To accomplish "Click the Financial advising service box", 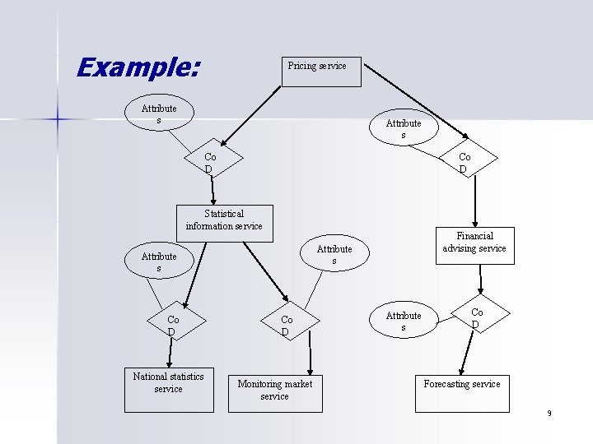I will (474, 245).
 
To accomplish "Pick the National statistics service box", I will (168, 388).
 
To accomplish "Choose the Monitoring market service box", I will (275, 392).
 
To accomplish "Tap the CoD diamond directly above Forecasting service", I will (476, 317).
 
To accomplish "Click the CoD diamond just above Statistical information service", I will (209, 163).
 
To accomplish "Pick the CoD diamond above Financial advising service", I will (465, 163).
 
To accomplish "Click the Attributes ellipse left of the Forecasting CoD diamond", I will (404, 321).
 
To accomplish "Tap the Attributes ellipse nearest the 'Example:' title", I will (158, 114).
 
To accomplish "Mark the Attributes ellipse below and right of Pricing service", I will (404, 128).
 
